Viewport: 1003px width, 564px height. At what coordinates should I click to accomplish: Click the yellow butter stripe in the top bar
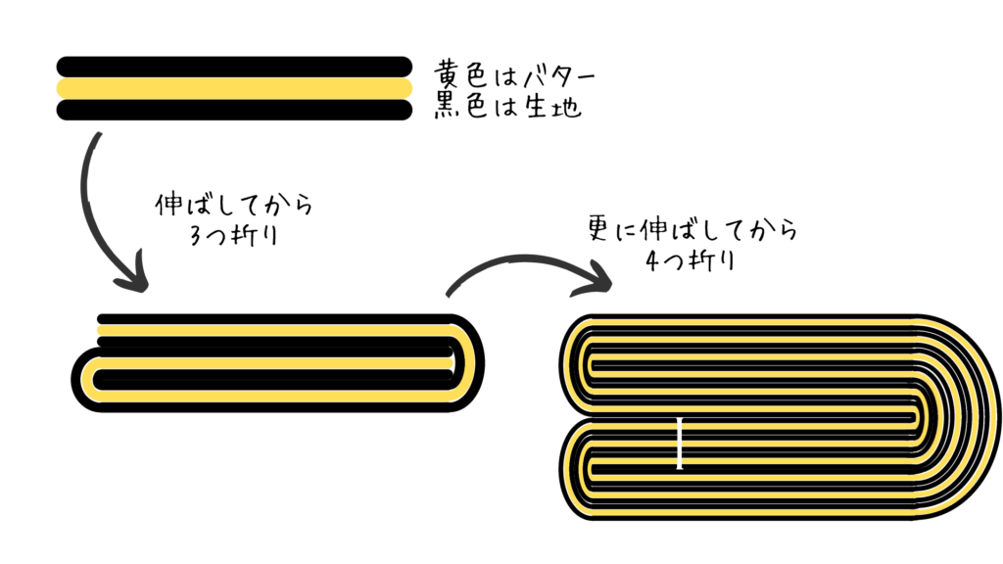[x=234, y=88]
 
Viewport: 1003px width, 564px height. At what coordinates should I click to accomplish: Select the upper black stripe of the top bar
[x=234, y=67]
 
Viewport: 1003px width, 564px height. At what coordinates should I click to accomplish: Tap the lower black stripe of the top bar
[x=234, y=110]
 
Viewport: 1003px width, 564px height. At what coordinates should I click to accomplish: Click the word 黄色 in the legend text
[x=459, y=75]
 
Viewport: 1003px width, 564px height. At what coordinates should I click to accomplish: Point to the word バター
[x=559, y=76]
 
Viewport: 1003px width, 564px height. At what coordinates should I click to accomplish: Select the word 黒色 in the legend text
[x=459, y=105]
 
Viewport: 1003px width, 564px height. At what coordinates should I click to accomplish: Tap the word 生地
[x=552, y=106]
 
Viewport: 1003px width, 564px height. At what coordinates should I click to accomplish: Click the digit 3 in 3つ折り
[x=196, y=236]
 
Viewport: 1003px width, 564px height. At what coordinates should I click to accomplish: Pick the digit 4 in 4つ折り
[x=653, y=260]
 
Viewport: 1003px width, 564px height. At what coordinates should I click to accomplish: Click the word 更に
[x=613, y=229]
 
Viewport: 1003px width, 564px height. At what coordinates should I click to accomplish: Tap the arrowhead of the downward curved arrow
[x=133, y=275]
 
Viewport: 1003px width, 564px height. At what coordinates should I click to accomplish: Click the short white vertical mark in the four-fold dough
[x=680, y=444]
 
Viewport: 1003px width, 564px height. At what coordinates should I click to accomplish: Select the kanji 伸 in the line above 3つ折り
[x=168, y=206]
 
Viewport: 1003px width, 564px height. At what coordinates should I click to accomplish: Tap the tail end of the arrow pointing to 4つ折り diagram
[x=449, y=295]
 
